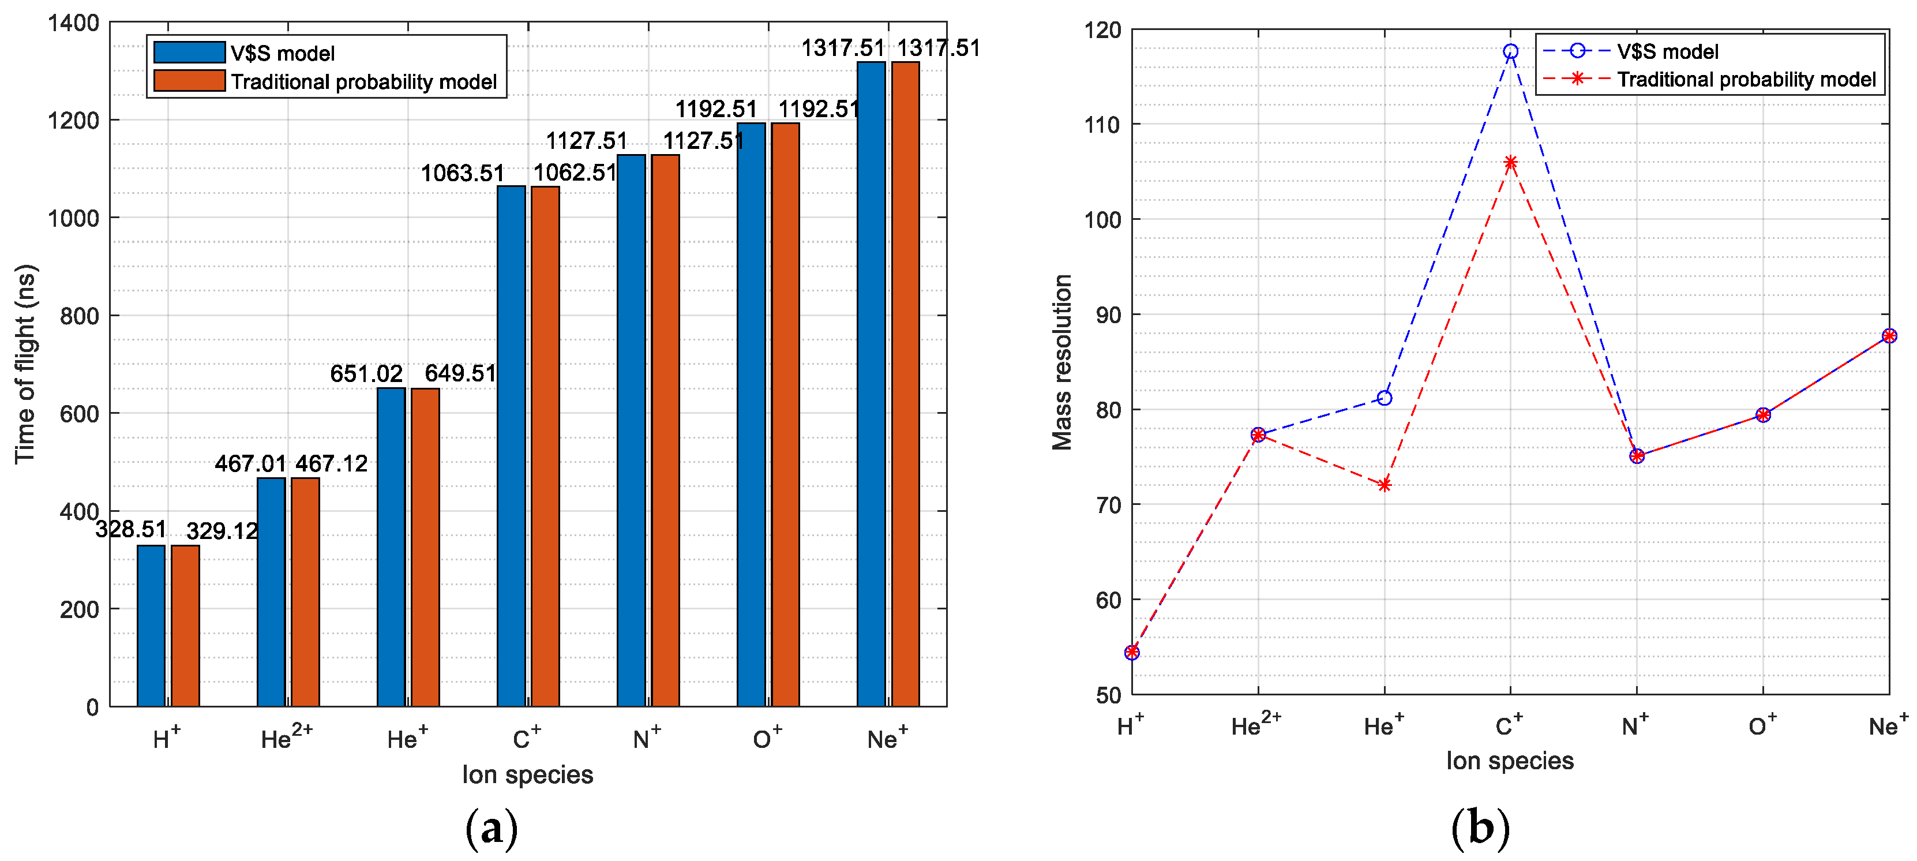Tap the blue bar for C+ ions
(511, 447)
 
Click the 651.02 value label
(366, 373)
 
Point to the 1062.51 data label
(575, 173)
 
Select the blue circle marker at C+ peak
(1510, 51)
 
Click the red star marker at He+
(1384, 485)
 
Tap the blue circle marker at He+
(1384, 398)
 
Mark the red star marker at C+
(1510, 163)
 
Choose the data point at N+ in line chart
(1637, 456)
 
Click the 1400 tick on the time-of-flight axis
(74, 23)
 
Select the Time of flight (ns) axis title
(25, 364)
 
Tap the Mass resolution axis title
(1062, 362)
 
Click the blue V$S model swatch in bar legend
(189, 52)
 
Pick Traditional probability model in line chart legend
(1746, 80)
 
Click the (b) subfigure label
(1480, 828)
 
